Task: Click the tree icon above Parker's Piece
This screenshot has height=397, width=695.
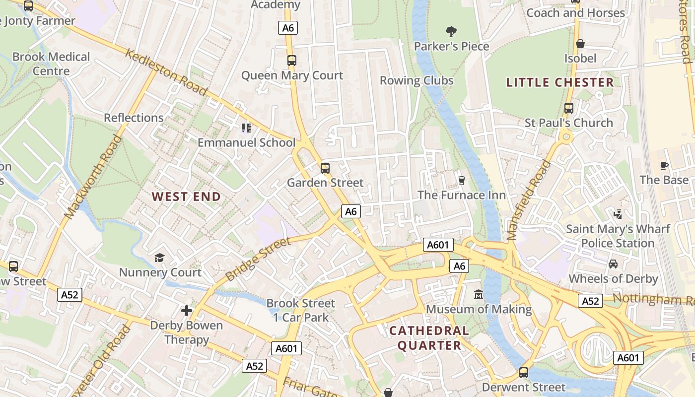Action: (x=451, y=32)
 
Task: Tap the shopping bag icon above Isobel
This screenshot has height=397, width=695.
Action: (x=580, y=44)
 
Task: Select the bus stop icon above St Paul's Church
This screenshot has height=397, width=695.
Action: (x=569, y=108)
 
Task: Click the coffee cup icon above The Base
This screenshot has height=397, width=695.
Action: (x=664, y=165)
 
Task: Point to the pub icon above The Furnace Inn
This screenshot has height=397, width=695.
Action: (x=462, y=180)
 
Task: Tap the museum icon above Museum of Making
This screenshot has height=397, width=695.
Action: (x=479, y=294)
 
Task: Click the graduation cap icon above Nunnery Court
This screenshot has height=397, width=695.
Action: (x=159, y=258)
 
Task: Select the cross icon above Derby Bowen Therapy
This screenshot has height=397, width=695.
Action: (x=187, y=311)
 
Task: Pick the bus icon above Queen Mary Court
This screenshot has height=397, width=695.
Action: (x=292, y=61)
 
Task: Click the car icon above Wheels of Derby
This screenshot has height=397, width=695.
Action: (x=613, y=264)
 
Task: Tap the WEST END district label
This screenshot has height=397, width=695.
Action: (x=186, y=197)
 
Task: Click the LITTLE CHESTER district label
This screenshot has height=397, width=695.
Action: (x=560, y=82)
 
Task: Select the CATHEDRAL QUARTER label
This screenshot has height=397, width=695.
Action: (x=428, y=338)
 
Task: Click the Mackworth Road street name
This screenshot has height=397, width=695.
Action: (x=93, y=177)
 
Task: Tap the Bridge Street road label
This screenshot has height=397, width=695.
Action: (x=258, y=259)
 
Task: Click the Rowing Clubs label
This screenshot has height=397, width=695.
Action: (x=417, y=80)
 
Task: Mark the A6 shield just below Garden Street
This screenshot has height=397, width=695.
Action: (x=350, y=211)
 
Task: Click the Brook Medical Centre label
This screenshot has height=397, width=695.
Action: (x=51, y=64)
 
